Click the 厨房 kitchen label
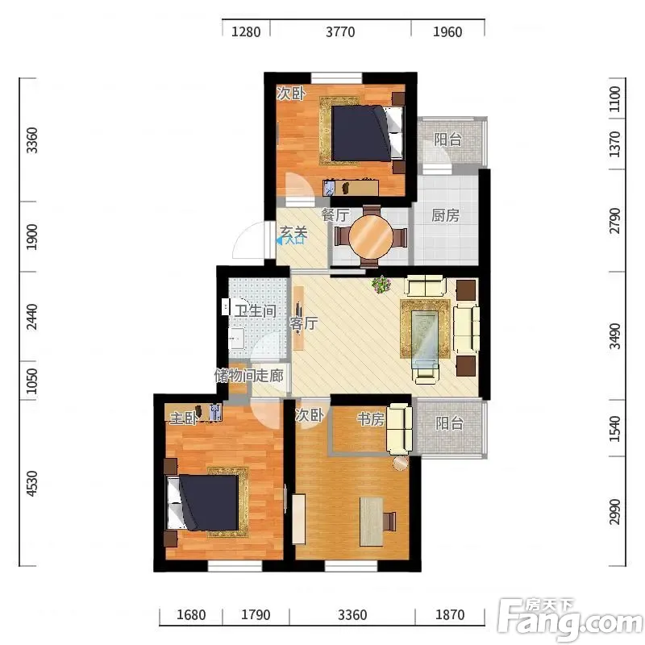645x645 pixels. pyautogui.click(x=445, y=215)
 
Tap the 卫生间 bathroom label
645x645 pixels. pyautogui.click(x=256, y=310)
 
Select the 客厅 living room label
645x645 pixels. pyautogui.click(x=304, y=323)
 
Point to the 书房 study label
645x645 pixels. pyautogui.click(x=371, y=418)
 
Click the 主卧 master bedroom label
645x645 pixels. pyautogui.click(x=184, y=418)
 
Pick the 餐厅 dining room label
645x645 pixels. pyautogui.click(x=335, y=214)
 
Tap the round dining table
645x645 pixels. pyautogui.click(x=371, y=237)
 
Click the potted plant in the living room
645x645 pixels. pyautogui.click(x=381, y=285)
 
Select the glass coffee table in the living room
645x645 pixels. pyautogui.click(x=425, y=335)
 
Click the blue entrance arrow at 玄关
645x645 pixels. pyautogui.click(x=279, y=240)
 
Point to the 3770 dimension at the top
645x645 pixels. pyautogui.click(x=340, y=31)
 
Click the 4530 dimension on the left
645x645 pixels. pyautogui.click(x=31, y=483)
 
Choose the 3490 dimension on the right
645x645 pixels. pyautogui.click(x=614, y=336)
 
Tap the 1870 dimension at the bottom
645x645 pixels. pyautogui.click(x=450, y=614)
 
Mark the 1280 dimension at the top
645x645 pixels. pyautogui.click(x=246, y=31)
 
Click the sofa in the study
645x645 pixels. pyautogui.click(x=399, y=429)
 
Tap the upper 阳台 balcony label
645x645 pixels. pyautogui.click(x=447, y=139)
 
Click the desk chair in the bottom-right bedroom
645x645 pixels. pyautogui.click(x=389, y=521)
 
